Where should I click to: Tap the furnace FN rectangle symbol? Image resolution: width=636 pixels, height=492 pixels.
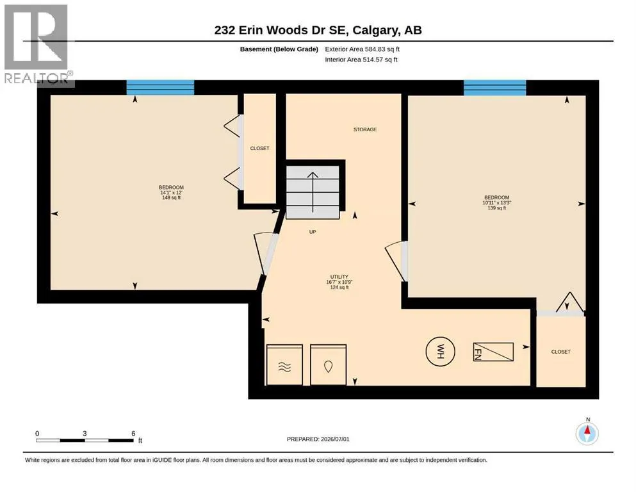pos(493,352)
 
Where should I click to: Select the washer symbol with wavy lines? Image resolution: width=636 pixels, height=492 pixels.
pos(284,365)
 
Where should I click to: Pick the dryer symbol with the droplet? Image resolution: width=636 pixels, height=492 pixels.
pos(328,365)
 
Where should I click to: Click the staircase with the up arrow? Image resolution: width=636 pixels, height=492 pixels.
pos(313,192)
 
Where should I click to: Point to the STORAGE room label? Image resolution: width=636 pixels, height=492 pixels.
pos(365,129)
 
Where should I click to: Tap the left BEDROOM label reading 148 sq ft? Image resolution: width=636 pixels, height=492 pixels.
pos(171,192)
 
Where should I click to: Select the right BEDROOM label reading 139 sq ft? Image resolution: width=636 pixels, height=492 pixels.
pos(496,202)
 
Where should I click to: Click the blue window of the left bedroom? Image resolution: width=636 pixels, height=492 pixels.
pos(160,87)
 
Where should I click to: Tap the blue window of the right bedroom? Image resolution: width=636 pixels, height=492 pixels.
pos(495,88)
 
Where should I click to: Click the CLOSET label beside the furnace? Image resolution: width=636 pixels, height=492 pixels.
pos(560,352)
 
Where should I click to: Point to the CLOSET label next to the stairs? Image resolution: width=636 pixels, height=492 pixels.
pos(259,148)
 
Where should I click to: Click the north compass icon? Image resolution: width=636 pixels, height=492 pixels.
pos(587,433)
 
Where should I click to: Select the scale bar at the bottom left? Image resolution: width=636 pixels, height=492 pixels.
pos(85,440)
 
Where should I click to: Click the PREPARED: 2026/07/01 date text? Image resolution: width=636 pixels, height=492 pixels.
pos(318,439)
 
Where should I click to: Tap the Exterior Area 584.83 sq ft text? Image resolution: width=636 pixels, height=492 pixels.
pos(363,49)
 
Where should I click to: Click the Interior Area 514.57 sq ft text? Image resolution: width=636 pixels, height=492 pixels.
pos(361,59)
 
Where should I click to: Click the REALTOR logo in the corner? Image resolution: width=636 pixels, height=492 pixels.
pos(38,45)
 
